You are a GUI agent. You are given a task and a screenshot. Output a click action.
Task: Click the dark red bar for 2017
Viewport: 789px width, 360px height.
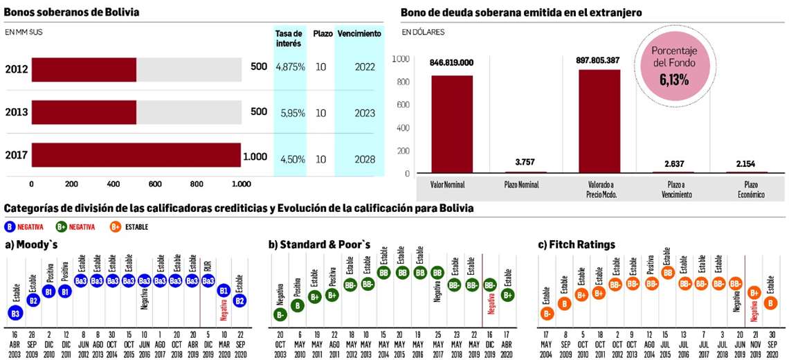136,156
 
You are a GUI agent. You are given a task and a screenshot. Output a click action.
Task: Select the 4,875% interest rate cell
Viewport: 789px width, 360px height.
290,67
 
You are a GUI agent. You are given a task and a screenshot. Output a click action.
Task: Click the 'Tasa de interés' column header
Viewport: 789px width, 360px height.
289,38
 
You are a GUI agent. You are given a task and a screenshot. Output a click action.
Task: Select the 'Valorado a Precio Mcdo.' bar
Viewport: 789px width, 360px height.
599,120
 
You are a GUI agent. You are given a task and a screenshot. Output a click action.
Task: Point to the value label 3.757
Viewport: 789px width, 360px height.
526,162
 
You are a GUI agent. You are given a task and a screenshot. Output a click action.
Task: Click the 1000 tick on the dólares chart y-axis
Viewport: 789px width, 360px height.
401,59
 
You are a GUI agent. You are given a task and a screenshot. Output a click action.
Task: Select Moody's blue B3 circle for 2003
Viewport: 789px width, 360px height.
15,313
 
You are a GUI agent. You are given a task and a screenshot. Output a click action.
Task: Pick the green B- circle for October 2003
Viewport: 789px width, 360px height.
281,315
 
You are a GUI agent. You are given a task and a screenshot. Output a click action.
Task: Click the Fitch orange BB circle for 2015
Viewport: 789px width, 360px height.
668,273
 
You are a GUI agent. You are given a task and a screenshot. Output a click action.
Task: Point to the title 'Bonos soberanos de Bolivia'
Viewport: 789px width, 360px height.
71,12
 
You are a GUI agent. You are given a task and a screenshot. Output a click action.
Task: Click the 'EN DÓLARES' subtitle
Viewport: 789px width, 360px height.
423,32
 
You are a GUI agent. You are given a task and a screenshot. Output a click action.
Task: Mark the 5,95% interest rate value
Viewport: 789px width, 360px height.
290,113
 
